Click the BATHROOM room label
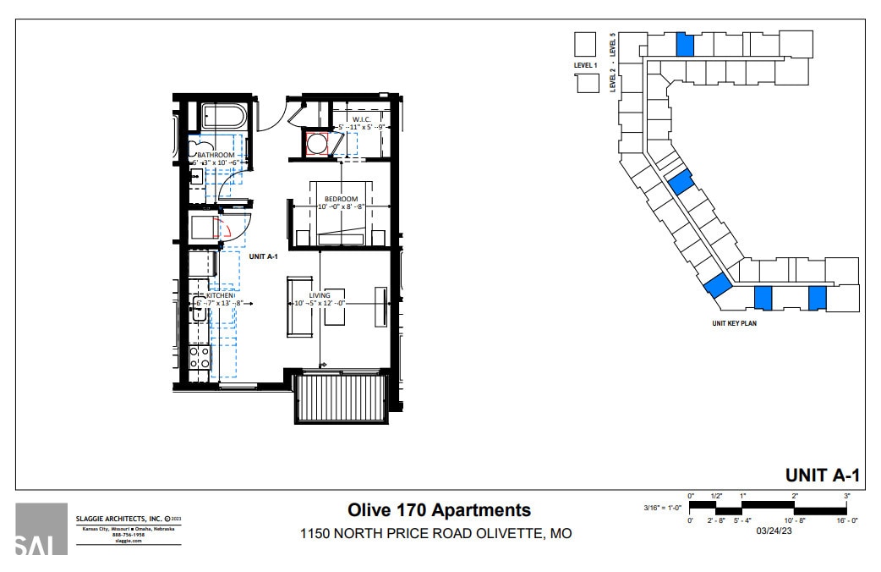tap(216, 156)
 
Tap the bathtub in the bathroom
tap(223, 116)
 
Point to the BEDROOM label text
tap(342, 199)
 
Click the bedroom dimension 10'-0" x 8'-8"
tap(342, 207)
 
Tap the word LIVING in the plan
tap(320, 295)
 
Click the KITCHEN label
tap(214, 295)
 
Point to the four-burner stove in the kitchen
tap(200, 357)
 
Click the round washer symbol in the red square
tap(318, 145)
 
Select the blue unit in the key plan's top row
tap(685, 45)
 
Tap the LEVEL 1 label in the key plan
tap(585, 65)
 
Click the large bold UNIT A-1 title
tap(822, 475)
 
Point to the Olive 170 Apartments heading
tap(440, 510)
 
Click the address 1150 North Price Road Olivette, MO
tap(435, 534)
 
